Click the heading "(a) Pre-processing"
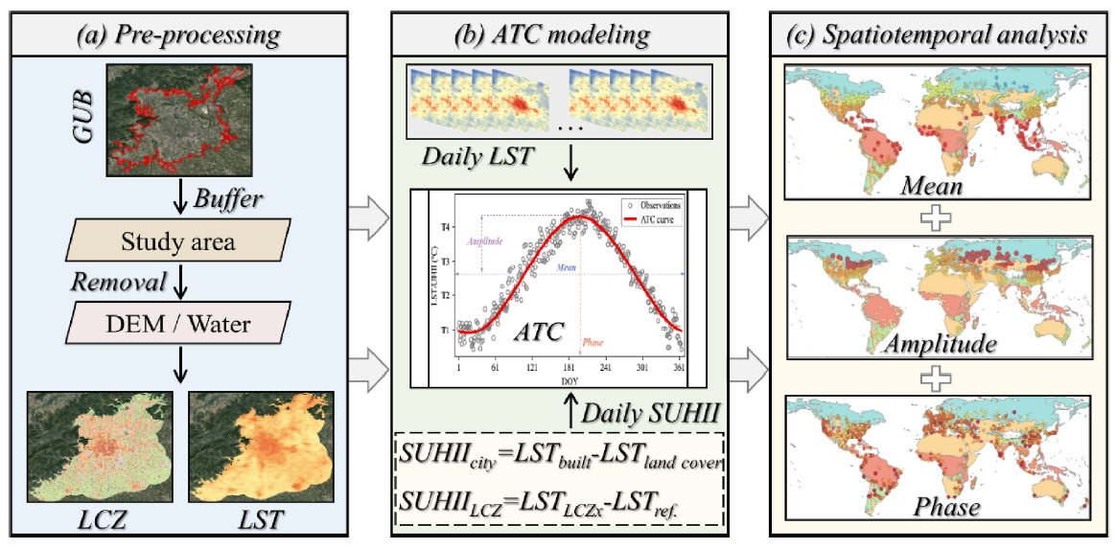click(178, 36)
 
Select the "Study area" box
click(178, 240)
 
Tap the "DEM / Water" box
click(178, 325)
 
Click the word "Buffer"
click(227, 201)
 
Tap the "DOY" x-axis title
click(570, 380)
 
